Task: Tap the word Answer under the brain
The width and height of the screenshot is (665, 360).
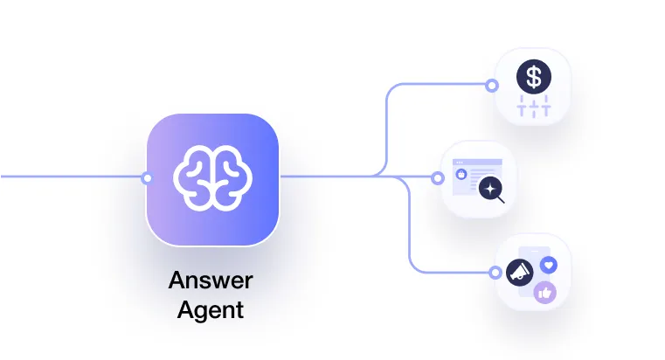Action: tap(210, 281)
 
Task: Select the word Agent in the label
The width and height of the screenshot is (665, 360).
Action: tap(210, 309)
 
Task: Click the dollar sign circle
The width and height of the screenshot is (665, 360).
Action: tap(533, 77)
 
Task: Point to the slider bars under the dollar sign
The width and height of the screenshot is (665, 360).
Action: tap(533, 108)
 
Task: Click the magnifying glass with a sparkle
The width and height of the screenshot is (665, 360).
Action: tap(492, 188)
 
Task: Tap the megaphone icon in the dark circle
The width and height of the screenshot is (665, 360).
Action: tap(520, 272)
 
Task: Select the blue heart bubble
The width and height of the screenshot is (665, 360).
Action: tap(549, 262)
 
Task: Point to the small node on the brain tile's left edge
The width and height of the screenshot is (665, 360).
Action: tap(147, 178)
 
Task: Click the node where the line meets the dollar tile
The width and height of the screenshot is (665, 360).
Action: tap(492, 86)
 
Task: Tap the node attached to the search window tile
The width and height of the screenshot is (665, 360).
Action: tap(439, 178)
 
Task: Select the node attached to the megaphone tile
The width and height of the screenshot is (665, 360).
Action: tap(492, 271)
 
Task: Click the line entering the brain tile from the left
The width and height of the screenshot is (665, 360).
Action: tap(70, 177)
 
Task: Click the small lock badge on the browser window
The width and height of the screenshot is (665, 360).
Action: tap(463, 175)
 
